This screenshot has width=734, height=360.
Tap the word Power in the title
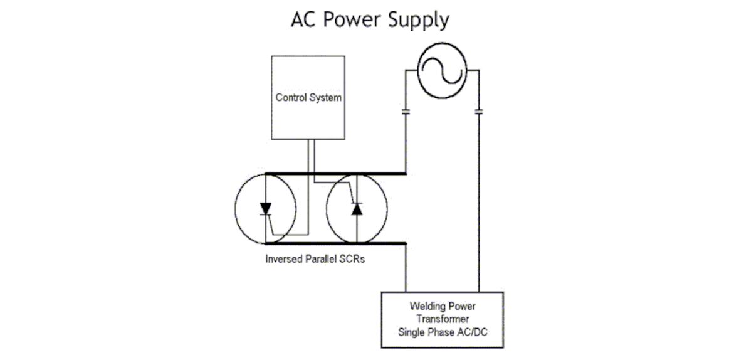click(350, 19)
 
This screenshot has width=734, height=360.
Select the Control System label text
click(308, 98)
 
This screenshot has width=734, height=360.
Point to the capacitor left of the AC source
click(406, 112)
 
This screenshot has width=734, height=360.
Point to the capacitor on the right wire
click(478, 112)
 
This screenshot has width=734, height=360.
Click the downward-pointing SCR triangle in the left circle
click(265, 208)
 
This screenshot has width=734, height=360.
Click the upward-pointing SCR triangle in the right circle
click(357, 209)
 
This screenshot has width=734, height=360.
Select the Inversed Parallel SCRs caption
click(315, 259)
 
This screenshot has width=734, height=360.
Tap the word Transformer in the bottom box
click(443, 319)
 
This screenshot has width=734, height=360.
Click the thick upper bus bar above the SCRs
click(335, 174)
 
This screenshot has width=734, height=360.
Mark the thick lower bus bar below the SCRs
click(335, 243)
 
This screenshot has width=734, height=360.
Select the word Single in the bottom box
click(411, 332)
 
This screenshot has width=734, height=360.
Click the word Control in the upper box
click(290, 98)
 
